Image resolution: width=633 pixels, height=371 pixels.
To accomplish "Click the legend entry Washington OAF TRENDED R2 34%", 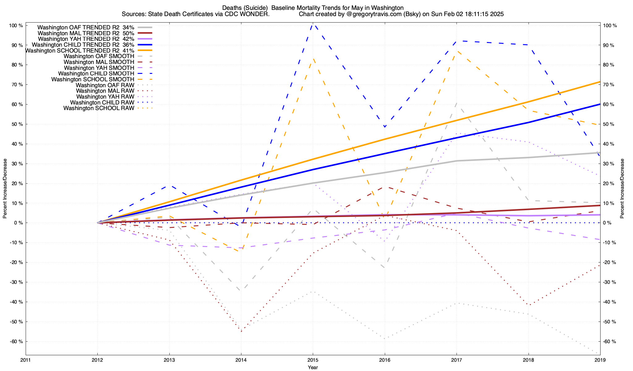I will pyautogui.click(x=86, y=27).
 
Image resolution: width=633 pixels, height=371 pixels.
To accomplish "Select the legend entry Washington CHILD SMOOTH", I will pyautogui.click(x=96, y=74).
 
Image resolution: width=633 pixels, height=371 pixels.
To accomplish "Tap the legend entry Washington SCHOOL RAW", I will pyautogui.click(x=99, y=108).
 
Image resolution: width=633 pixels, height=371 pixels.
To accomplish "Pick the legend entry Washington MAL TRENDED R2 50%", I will pyautogui.click(x=86, y=33).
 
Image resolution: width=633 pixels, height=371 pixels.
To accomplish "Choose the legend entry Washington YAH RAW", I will pyautogui.click(x=105, y=97).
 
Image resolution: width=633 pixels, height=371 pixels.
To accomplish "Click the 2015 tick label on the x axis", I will pyautogui.click(x=313, y=360).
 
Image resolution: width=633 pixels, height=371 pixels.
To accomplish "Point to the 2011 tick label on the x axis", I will pyautogui.click(x=26, y=360).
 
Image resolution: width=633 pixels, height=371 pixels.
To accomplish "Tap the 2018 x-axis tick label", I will pyautogui.click(x=528, y=360).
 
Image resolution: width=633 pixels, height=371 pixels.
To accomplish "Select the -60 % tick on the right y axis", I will pyautogui.click(x=609, y=342).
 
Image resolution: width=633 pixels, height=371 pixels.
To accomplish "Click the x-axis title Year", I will pyautogui.click(x=313, y=367).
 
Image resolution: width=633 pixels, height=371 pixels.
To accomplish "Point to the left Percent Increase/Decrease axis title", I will pyautogui.click(x=5, y=189).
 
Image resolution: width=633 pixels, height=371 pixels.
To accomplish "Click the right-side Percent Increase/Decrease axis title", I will pyautogui.click(x=622, y=189).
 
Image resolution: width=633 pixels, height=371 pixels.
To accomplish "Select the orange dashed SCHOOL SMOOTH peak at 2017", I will pyautogui.click(x=457, y=51).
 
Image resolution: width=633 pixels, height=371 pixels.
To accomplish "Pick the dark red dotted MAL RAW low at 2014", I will pyautogui.click(x=241, y=331).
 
